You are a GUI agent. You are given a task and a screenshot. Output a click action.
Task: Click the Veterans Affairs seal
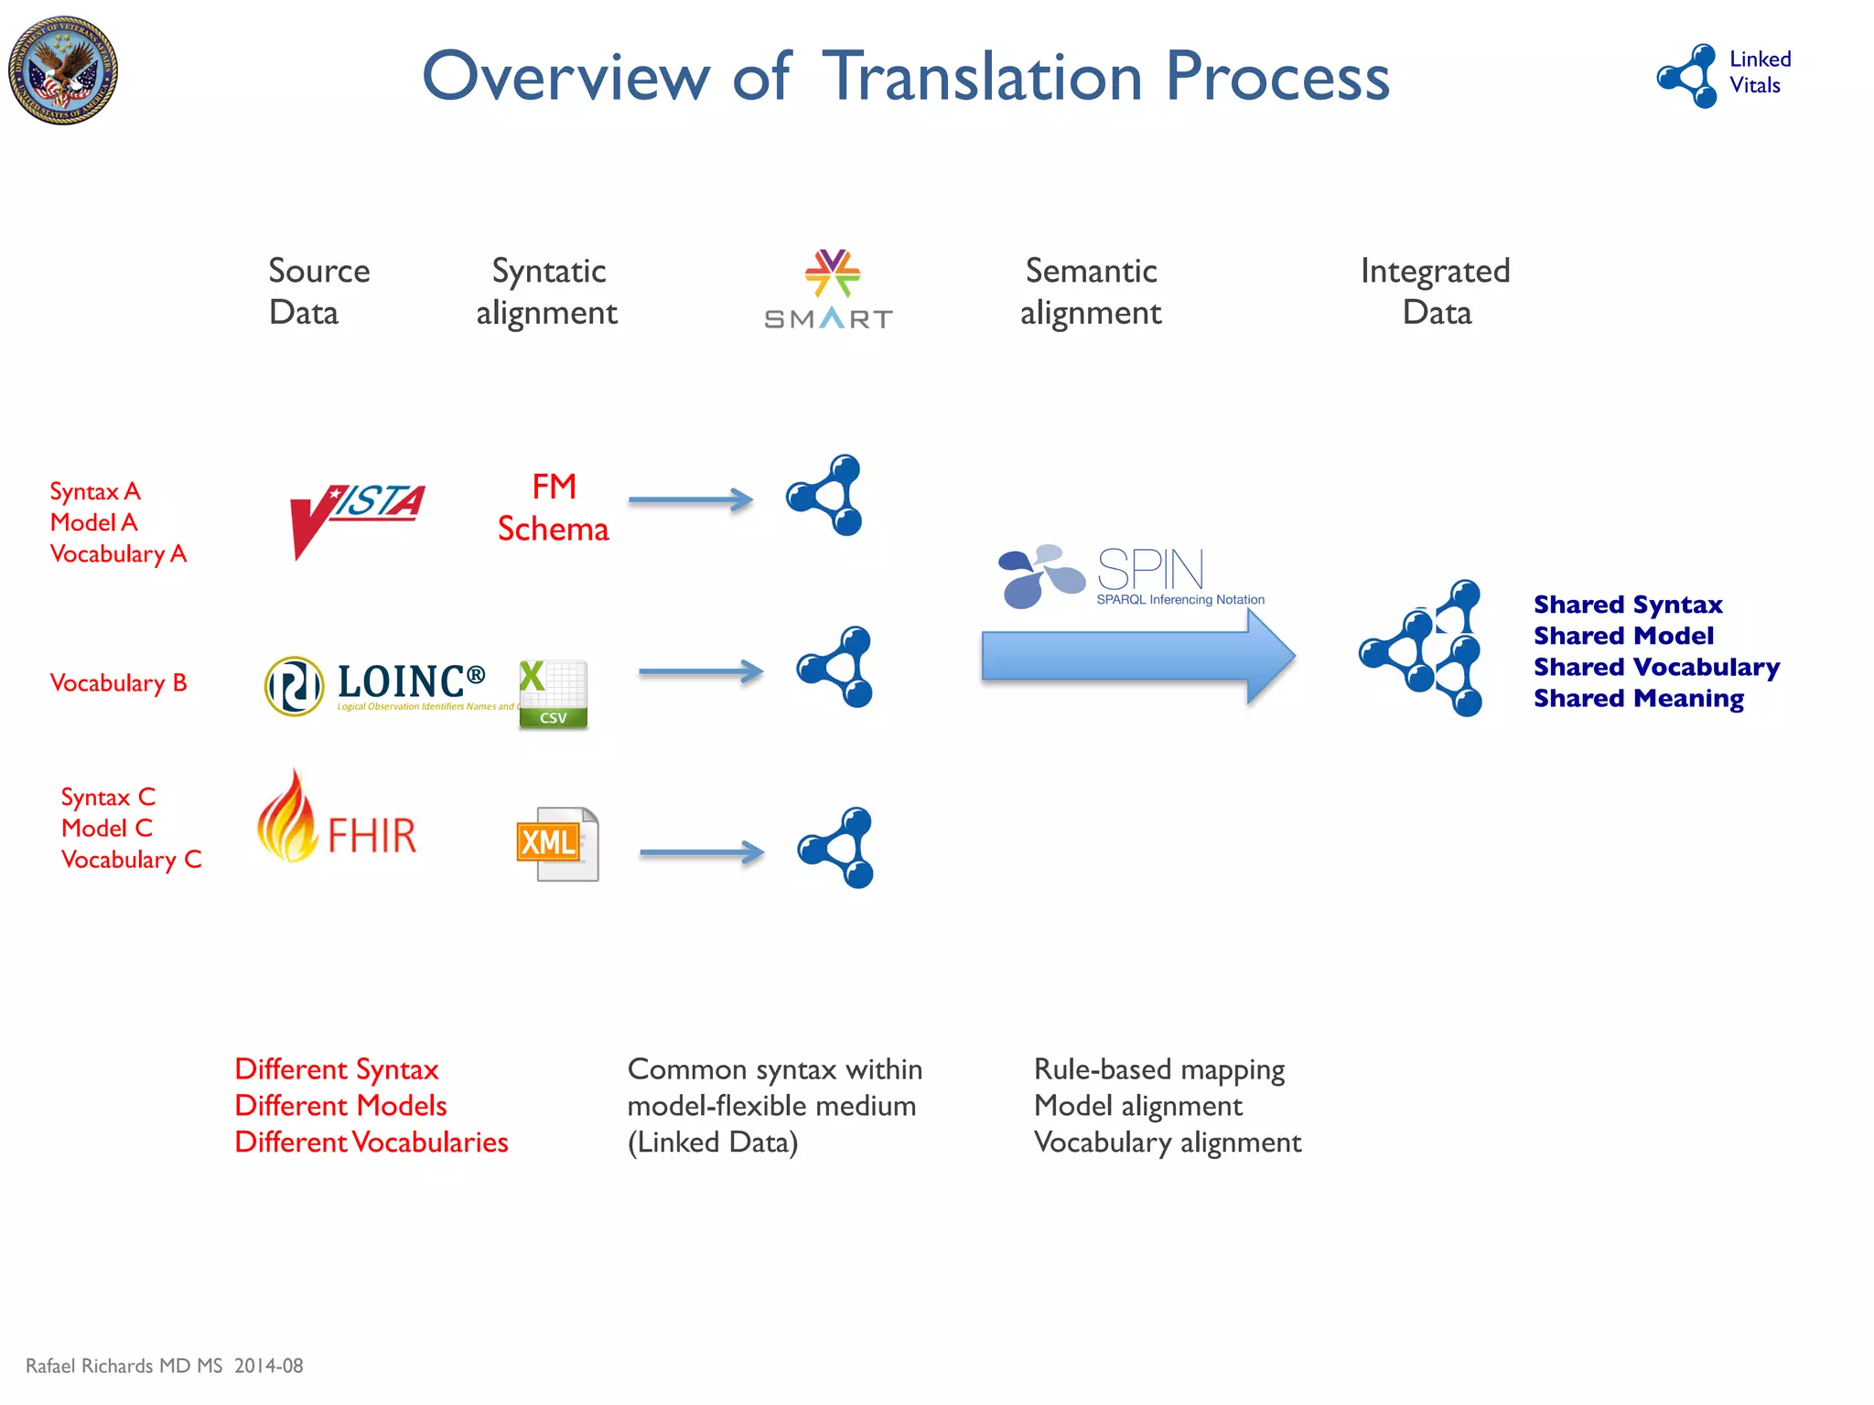(63, 70)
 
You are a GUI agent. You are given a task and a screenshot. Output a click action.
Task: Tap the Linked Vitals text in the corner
(1759, 72)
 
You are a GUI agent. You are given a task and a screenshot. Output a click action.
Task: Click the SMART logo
(829, 290)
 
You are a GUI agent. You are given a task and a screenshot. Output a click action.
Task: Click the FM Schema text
(554, 508)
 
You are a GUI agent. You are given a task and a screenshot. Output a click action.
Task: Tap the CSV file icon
(553, 694)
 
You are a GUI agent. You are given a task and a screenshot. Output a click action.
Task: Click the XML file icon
(558, 843)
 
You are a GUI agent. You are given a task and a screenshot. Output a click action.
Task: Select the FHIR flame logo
(337, 820)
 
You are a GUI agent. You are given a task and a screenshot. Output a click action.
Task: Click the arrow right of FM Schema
(691, 499)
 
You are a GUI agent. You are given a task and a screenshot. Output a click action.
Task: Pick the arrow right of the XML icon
(702, 853)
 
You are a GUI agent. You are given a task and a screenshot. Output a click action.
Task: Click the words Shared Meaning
(1638, 699)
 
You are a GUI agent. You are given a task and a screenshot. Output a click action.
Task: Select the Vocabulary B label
(118, 683)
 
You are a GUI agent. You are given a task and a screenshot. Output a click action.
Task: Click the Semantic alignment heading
(1091, 292)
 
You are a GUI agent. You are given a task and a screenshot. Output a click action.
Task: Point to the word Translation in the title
(983, 77)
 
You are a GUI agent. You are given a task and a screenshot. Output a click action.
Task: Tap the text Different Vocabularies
(371, 1142)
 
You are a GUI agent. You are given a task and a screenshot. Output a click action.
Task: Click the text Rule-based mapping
(1158, 1069)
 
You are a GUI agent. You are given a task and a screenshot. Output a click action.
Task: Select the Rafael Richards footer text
(164, 1366)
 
